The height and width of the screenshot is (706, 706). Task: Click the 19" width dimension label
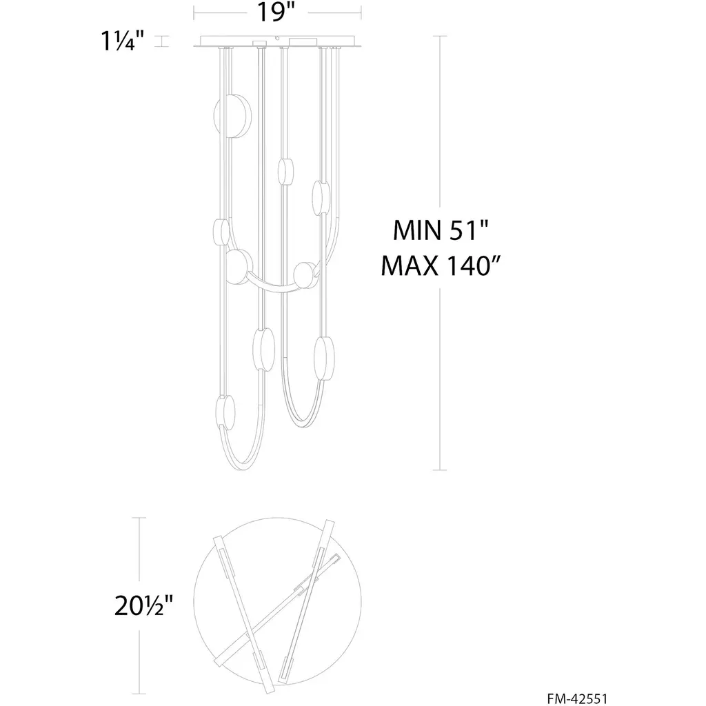pyautogui.click(x=275, y=12)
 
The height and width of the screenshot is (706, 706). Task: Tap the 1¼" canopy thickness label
pyautogui.click(x=123, y=41)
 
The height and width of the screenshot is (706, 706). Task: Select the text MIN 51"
pyautogui.click(x=441, y=230)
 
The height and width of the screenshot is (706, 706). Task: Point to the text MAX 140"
pyautogui.click(x=441, y=265)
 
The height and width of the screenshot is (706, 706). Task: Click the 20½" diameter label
pyautogui.click(x=143, y=605)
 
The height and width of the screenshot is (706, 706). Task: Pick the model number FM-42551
pyautogui.click(x=577, y=698)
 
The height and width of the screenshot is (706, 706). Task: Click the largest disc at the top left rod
pyautogui.click(x=232, y=115)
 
